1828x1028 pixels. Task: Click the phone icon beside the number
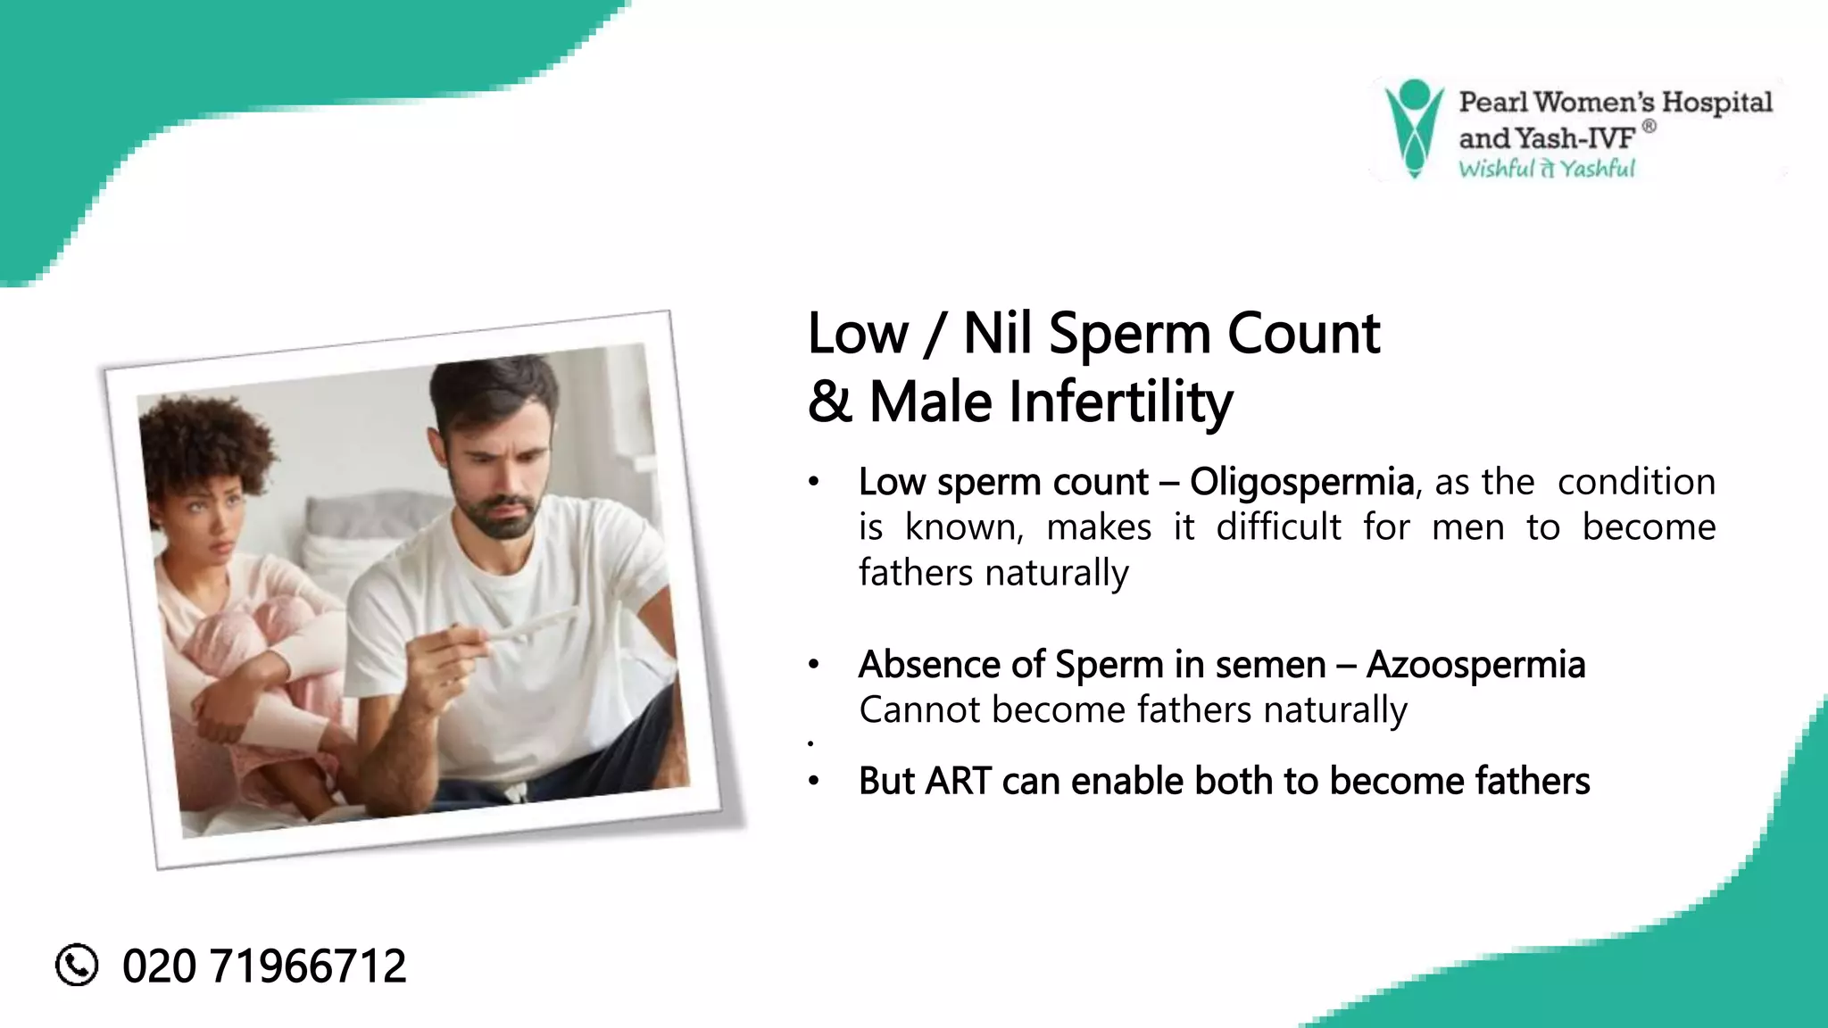click(77, 965)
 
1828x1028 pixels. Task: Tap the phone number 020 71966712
click(264, 966)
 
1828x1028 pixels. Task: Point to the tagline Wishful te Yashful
click(1546, 169)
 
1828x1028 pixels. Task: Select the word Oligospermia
click(1301, 482)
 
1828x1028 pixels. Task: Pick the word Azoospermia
click(1475, 665)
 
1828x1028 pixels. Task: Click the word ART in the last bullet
click(958, 781)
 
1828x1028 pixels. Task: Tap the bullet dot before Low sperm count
click(813, 483)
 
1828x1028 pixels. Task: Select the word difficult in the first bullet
click(1278, 527)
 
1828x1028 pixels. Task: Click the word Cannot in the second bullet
click(919, 710)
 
